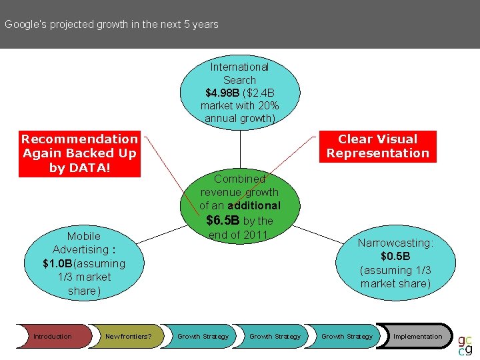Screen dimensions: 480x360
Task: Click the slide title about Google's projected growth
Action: tap(111, 25)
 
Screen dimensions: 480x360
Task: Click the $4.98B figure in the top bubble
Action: tap(217, 93)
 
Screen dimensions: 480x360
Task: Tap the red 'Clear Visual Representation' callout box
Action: tap(378, 146)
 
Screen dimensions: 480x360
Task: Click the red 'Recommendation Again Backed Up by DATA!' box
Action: tap(79, 153)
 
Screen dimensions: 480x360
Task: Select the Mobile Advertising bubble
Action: tap(84, 263)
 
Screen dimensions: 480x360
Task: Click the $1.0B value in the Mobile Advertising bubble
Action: tap(57, 263)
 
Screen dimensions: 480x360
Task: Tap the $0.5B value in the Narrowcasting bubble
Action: tap(395, 257)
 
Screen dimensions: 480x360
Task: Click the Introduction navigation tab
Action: tap(53, 337)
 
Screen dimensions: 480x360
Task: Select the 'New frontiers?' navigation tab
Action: tap(128, 337)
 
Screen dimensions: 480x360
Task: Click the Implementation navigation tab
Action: tap(417, 337)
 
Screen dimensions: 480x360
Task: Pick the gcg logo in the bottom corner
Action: tap(465, 342)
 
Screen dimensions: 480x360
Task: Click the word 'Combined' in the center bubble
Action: tap(239, 179)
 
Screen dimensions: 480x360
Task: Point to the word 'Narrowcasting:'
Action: tap(395, 243)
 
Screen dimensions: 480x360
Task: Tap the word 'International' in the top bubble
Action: tap(239, 67)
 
